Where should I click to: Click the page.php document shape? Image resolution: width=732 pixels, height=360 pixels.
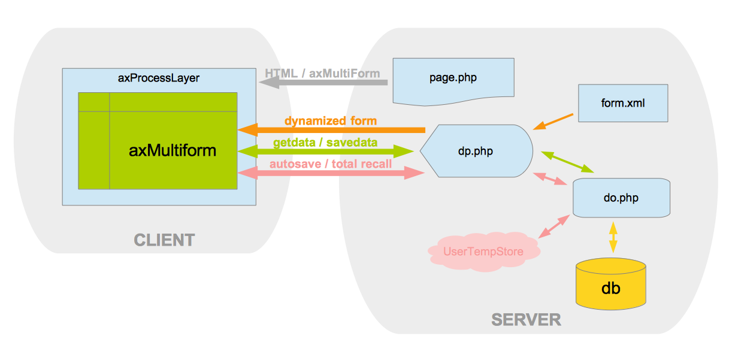click(x=453, y=78)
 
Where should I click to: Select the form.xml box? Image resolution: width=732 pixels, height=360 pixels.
click(x=623, y=103)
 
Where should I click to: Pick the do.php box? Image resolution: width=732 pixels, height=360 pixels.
click(x=621, y=197)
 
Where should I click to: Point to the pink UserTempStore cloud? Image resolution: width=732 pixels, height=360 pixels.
click(x=483, y=252)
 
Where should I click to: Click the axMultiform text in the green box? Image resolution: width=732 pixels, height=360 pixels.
click(x=173, y=150)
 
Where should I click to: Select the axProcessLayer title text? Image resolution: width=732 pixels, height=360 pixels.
click(x=159, y=78)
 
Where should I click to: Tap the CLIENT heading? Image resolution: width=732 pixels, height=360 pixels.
click(x=164, y=240)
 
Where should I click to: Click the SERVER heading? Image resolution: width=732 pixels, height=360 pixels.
click(x=526, y=319)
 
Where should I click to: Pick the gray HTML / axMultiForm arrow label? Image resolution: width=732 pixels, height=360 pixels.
click(x=322, y=74)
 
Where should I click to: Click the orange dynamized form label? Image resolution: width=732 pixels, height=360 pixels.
click(x=330, y=120)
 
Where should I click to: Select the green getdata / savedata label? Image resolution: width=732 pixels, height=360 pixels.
click(x=325, y=143)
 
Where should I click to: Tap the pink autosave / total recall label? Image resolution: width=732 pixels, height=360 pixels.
click(x=331, y=164)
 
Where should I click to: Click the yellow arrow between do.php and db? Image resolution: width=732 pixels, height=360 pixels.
click(x=613, y=237)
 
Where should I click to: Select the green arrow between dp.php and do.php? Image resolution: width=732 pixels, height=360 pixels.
click(x=567, y=162)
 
